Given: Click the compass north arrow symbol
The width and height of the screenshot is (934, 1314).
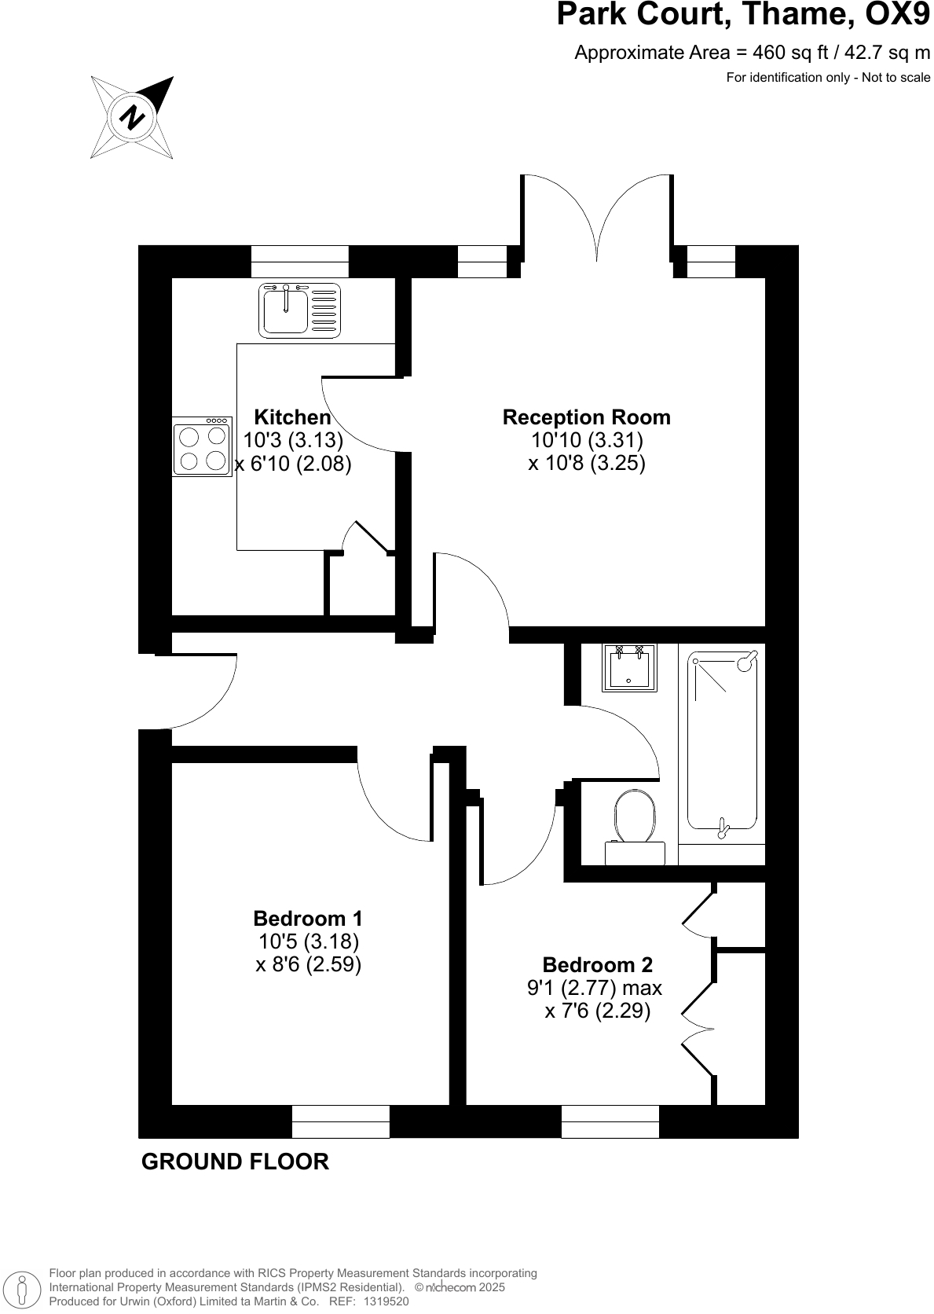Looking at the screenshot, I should click(x=132, y=117).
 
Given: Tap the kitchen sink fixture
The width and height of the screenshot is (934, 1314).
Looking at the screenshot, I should click(x=299, y=310).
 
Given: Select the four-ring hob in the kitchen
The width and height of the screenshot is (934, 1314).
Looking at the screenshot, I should click(x=202, y=446).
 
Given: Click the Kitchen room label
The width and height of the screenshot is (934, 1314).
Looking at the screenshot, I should click(x=292, y=417).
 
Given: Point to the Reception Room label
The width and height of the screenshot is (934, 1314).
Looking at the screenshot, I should click(x=586, y=417).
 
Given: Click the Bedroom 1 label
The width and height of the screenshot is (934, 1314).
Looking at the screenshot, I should click(x=308, y=918).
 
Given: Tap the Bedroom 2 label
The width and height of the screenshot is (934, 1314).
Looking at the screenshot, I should click(x=597, y=965).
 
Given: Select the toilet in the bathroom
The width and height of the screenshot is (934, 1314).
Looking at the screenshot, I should click(x=635, y=825).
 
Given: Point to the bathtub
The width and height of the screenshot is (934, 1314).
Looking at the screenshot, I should click(x=723, y=741).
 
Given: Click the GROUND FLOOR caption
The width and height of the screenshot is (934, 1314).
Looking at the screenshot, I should click(x=235, y=1162).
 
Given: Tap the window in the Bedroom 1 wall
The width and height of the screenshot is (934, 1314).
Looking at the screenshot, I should click(x=340, y=1121).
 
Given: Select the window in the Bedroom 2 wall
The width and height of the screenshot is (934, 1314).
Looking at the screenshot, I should click(x=610, y=1121).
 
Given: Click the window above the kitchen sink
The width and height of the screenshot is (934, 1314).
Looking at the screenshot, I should click(x=299, y=261).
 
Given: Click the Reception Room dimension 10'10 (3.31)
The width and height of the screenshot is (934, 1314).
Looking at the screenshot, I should click(x=586, y=440).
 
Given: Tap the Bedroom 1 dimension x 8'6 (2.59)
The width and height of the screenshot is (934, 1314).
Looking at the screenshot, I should click(x=308, y=964).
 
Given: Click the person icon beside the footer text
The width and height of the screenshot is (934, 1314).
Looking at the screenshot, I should click(x=23, y=1288).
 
